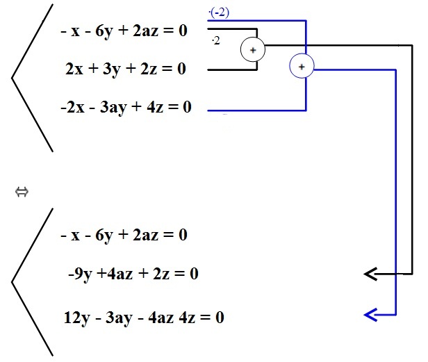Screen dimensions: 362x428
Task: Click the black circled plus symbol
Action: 253,49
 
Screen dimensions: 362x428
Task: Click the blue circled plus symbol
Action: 301,67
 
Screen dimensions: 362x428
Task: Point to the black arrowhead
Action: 370,274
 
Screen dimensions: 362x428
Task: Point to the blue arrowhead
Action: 370,315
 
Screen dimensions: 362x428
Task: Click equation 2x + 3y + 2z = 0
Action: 126,69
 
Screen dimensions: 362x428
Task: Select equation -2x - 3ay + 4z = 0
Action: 126,107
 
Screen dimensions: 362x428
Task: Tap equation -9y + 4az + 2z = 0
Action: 133,274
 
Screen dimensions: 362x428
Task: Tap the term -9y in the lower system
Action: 81,274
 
